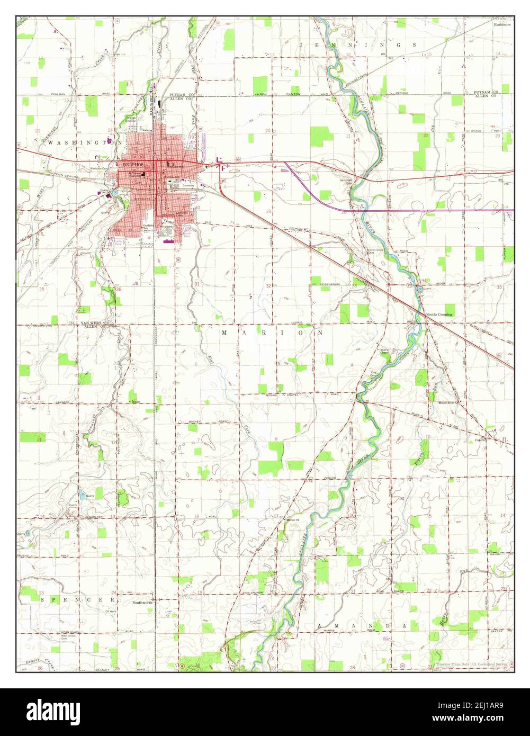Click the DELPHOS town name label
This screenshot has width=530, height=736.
tap(130, 164)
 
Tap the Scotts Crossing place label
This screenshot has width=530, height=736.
tap(439, 315)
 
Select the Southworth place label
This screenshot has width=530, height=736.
tap(142, 603)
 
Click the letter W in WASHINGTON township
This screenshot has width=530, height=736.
tap(50, 142)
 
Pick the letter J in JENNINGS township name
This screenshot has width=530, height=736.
tap(301, 46)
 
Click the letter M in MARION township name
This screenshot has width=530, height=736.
tap(224, 333)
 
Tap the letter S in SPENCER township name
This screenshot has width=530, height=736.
tap(42, 599)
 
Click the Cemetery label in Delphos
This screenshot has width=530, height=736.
tap(189, 186)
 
